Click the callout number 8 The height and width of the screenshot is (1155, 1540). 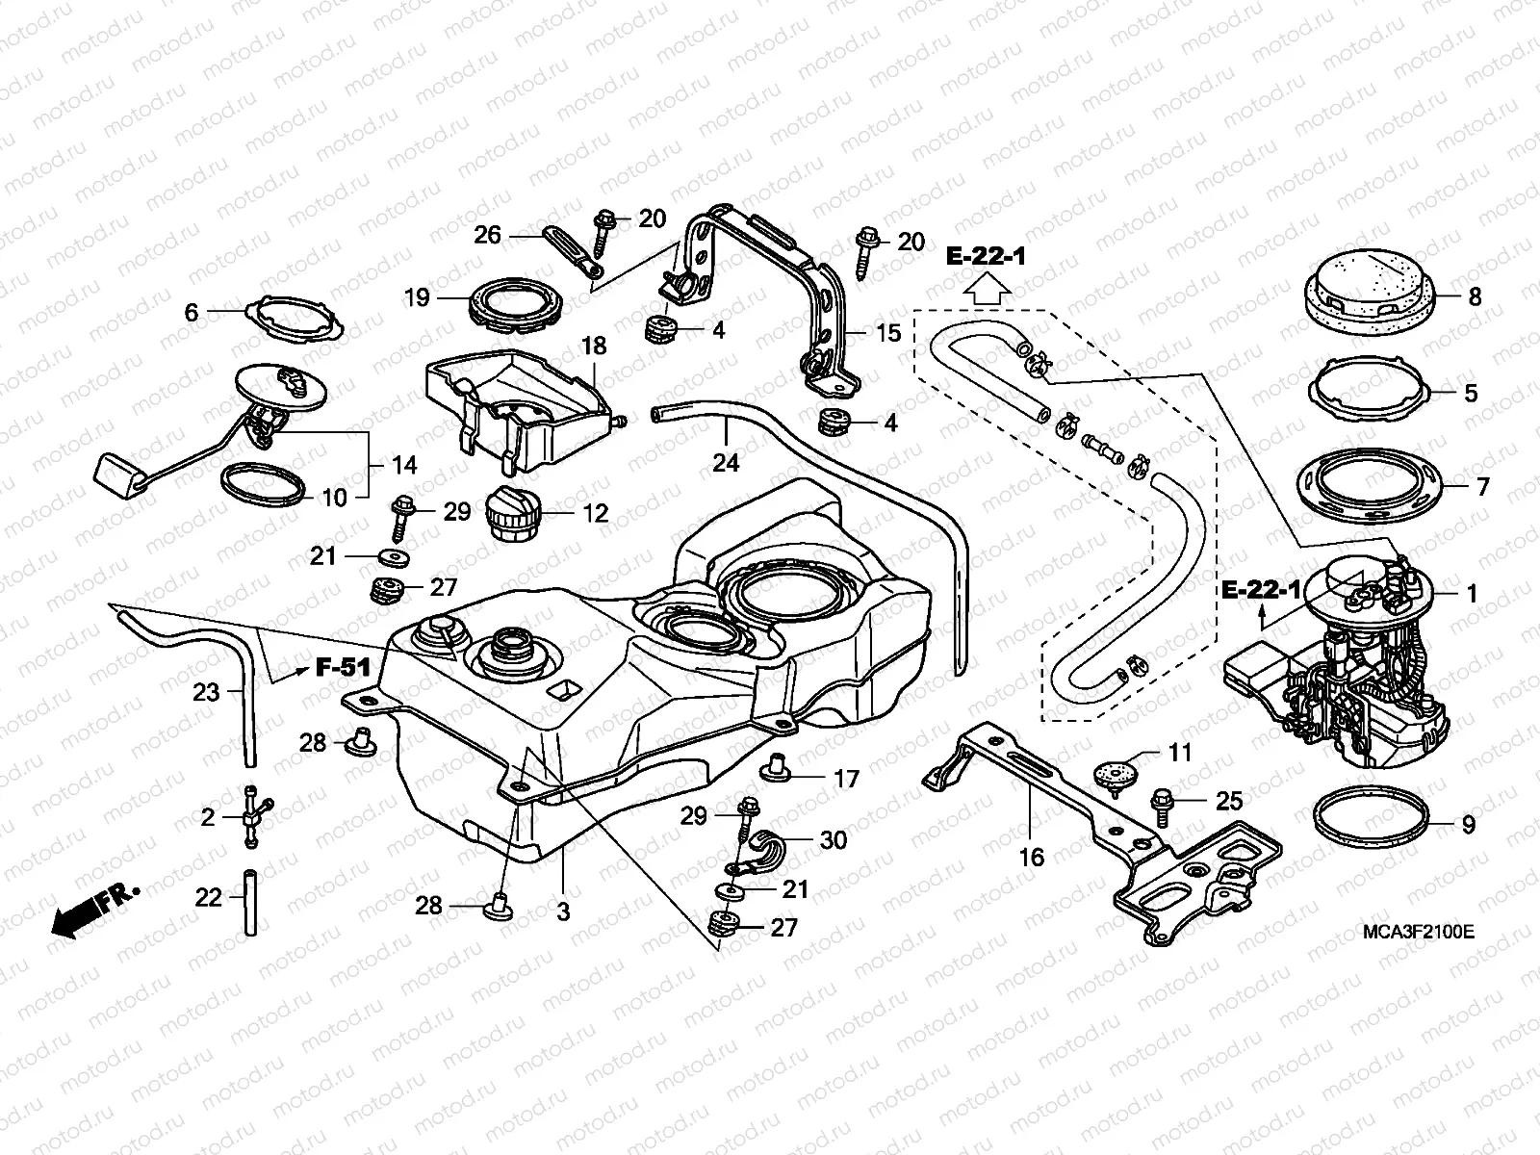tap(1475, 296)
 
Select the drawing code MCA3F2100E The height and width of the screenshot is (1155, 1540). tap(1418, 933)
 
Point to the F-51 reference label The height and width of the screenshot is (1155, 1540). tap(343, 668)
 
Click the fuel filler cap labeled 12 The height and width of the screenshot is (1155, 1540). tap(516, 515)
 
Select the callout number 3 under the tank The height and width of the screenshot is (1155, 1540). tap(563, 910)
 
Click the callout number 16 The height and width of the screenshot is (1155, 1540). tap(1031, 857)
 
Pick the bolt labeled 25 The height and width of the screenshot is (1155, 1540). tap(1162, 803)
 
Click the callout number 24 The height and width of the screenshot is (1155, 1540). tap(725, 463)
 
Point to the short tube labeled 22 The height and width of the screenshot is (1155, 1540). tap(251, 903)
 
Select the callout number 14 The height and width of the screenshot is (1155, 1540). tap(404, 466)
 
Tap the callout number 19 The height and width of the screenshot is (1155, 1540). tap(417, 297)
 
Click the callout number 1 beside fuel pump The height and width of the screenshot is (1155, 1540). tap(1472, 593)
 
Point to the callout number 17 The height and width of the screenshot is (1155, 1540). tap(845, 779)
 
